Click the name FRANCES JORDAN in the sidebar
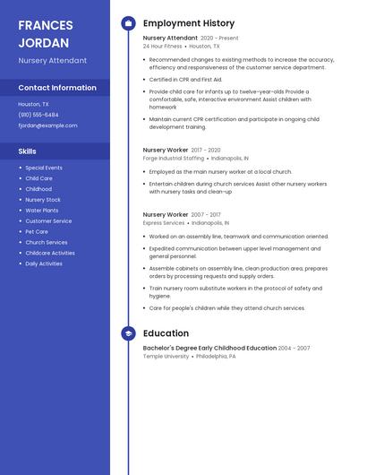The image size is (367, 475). pyautogui.click(x=45, y=33)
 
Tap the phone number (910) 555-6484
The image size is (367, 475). pyautogui.click(x=38, y=115)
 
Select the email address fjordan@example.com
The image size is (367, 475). pyautogui.click(x=47, y=125)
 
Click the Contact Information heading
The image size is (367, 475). pyautogui.click(x=57, y=88)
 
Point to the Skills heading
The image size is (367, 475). pyautogui.click(x=27, y=151)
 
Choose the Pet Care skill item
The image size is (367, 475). pyautogui.click(x=37, y=231)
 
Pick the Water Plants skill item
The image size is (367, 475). pyautogui.click(x=41, y=210)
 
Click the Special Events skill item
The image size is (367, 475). pyautogui.click(x=44, y=168)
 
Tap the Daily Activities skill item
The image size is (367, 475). pyautogui.click(x=44, y=263)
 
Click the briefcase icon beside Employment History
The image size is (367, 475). pyautogui.click(x=128, y=23)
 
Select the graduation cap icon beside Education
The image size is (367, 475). pyautogui.click(x=128, y=333)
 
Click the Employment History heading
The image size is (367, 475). pyautogui.click(x=189, y=23)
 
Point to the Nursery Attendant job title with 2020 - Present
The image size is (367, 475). pyautogui.click(x=170, y=39)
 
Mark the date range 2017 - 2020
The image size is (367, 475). pyautogui.click(x=206, y=150)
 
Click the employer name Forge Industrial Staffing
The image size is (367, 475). pyautogui.click(x=174, y=158)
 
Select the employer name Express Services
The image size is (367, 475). pyautogui.click(x=164, y=222)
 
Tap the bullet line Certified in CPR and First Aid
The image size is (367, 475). pyautogui.click(x=185, y=79)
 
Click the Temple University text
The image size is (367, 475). pyautogui.click(x=166, y=356)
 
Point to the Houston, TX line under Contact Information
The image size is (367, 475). pyautogui.click(x=34, y=104)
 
